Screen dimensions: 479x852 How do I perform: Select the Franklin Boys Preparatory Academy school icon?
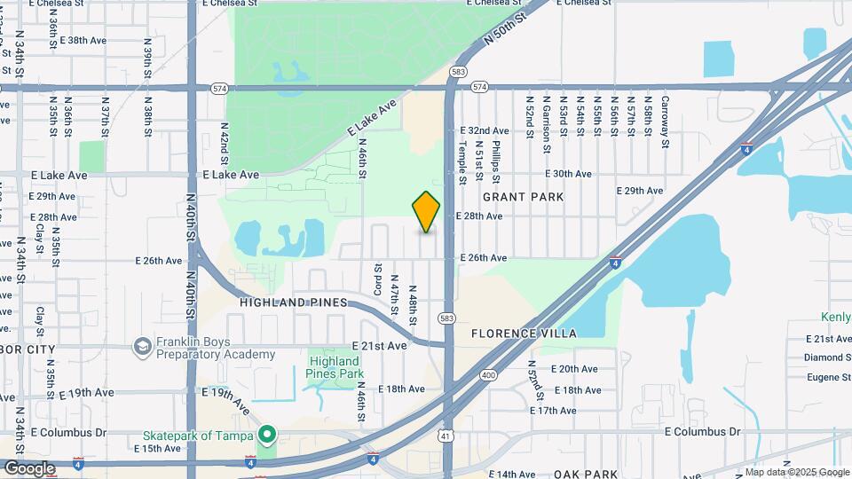(141, 347)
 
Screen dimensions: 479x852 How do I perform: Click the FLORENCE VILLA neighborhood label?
(523, 334)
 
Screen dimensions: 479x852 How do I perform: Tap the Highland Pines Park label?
(335, 367)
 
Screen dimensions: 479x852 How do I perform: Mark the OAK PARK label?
(585, 475)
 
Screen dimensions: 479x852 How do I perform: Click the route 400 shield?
(489, 375)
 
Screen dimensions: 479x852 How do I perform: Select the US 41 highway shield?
(445, 436)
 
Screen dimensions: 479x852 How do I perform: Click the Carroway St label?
(665, 122)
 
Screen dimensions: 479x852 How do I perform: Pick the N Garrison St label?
(545, 118)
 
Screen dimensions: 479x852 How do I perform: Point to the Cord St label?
(378, 279)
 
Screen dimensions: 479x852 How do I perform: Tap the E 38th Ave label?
(87, 41)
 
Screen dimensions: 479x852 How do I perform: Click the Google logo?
(28, 467)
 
